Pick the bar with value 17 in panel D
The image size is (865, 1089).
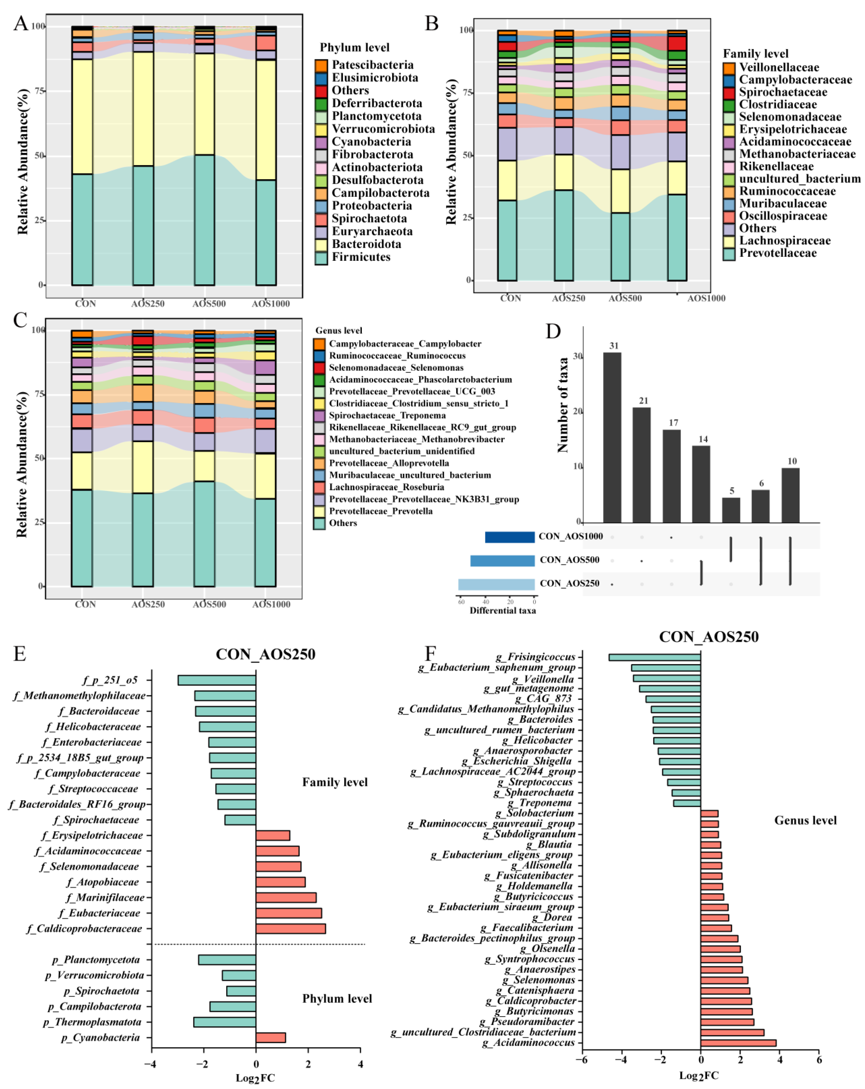click(672, 475)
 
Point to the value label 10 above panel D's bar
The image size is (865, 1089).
click(792, 461)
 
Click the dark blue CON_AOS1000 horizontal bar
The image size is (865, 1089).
click(509, 537)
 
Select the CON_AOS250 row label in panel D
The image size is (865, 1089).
click(569, 583)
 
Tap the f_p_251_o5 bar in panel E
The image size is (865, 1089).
click(217, 680)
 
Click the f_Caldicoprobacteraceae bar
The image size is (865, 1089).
click(291, 928)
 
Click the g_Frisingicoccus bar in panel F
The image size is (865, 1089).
click(654, 657)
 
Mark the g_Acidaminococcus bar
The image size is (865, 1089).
click(738, 1043)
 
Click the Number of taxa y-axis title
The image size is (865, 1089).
click(562, 404)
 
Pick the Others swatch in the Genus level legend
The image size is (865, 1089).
click(319, 523)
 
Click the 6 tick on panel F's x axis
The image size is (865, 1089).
click(818, 1060)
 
